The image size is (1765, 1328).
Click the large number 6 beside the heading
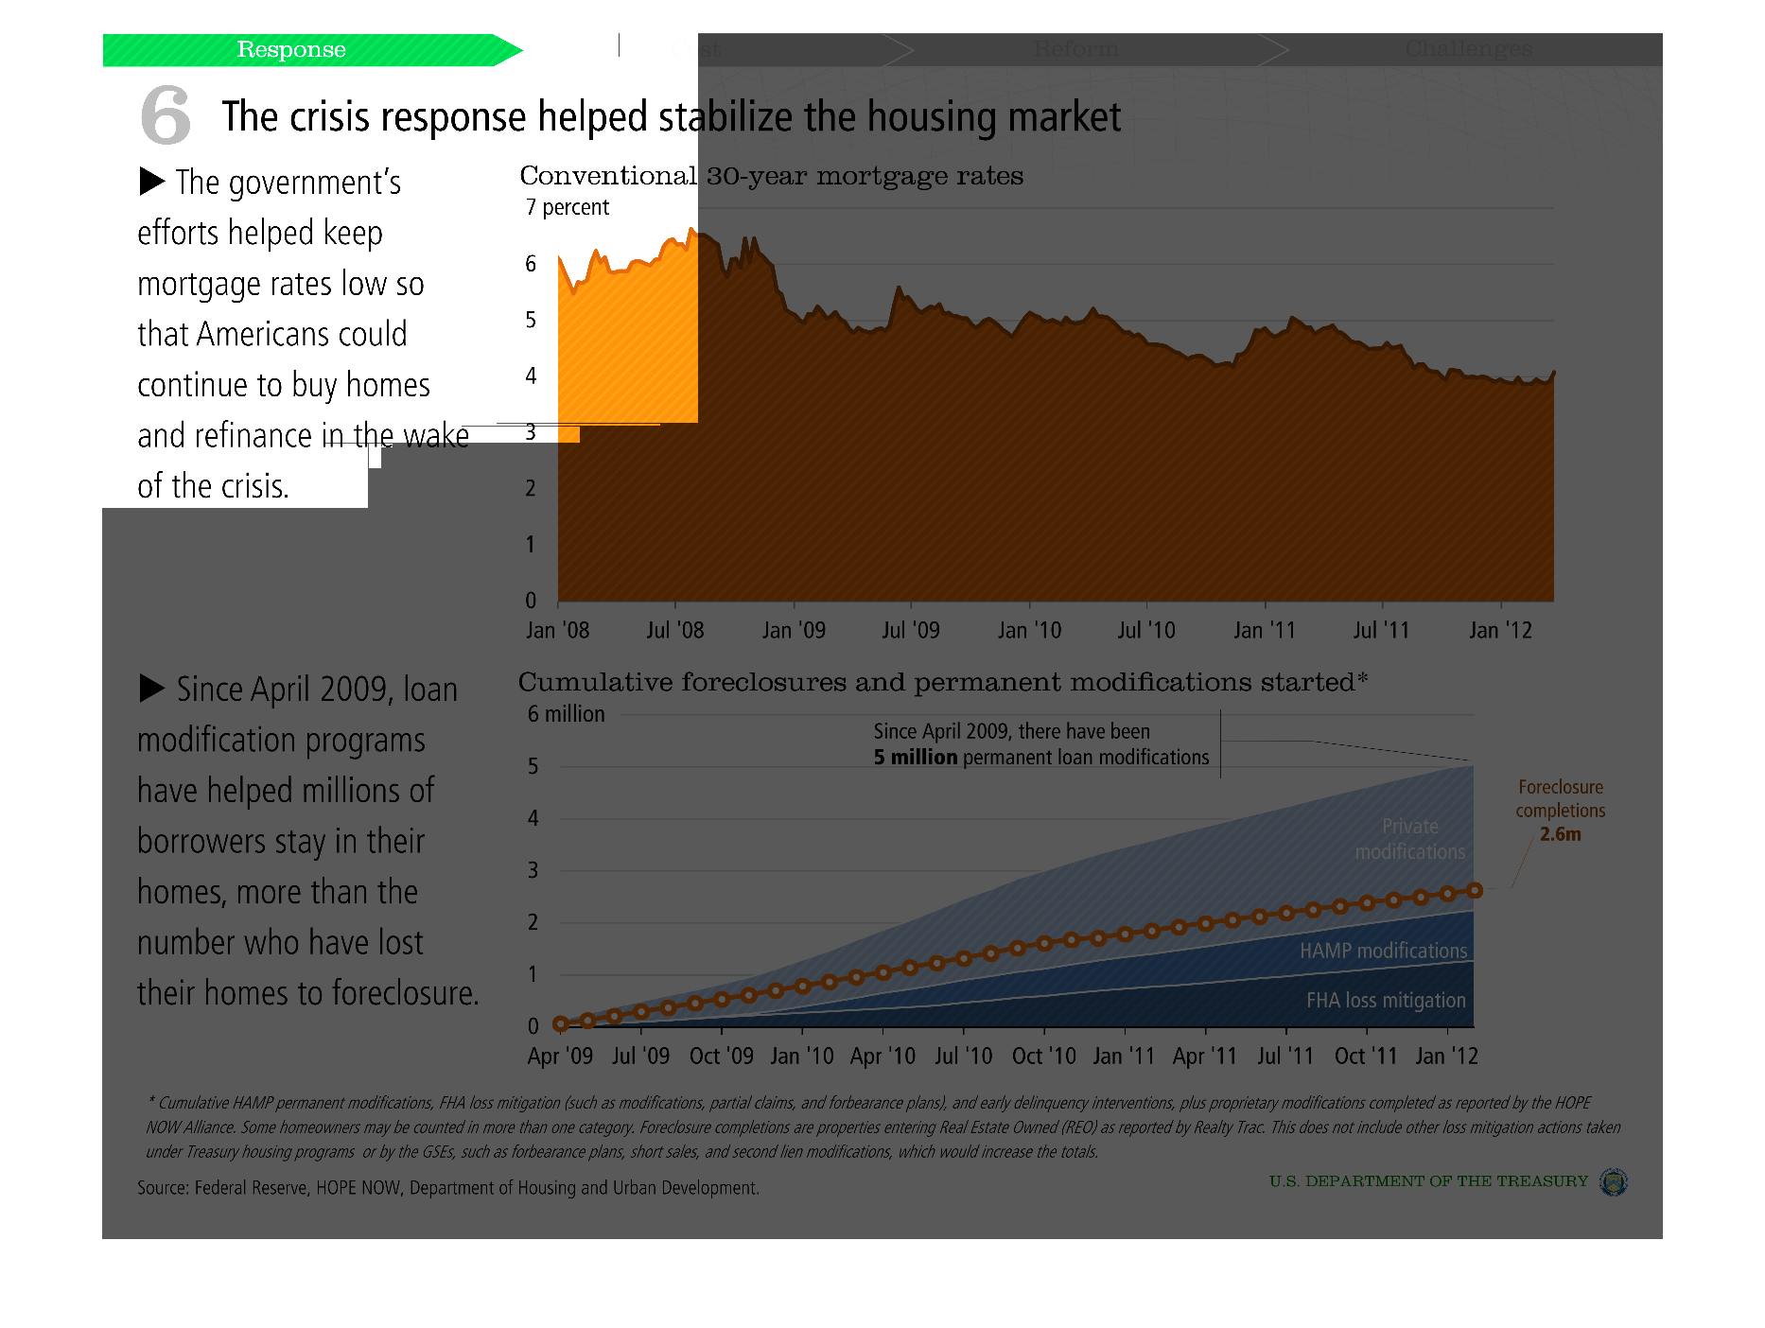click(166, 115)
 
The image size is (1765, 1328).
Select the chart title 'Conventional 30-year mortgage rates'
click(771, 176)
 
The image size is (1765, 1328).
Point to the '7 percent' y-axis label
click(568, 207)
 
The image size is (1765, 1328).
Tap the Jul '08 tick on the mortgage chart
click(674, 630)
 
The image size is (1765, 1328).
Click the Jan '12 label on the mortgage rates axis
click(1500, 630)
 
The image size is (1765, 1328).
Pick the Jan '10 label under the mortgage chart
click(1029, 630)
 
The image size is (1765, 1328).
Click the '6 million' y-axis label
click(566, 714)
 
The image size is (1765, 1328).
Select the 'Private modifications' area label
click(1409, 839)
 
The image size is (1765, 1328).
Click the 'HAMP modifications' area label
click(1383, 951)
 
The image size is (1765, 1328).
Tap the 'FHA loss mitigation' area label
click(1386, 1000)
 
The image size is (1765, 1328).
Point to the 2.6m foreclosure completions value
click(1560, 834)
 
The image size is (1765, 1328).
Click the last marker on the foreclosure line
click(1475, 890)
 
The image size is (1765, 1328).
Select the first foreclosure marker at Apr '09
click(561, 1023)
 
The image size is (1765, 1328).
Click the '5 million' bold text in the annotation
click(915, 758)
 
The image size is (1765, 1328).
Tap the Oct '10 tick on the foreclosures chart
click(1043, 1056)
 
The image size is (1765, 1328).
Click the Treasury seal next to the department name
click(1613, 1181)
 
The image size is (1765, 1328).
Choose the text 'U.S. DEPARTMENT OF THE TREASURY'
click(1428, 1181)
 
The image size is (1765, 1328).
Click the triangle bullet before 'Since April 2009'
click(151, 688)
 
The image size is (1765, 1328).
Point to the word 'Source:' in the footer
click(163, 1188)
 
